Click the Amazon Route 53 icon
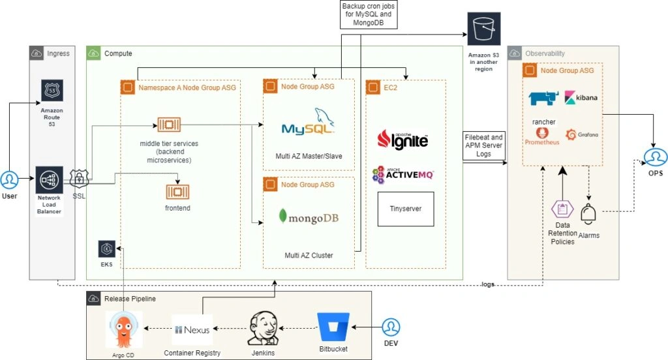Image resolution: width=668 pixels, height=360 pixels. pos(52,91)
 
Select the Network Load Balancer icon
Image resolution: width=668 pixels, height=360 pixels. pos(50,179)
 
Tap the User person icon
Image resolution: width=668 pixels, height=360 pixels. pos(9,180)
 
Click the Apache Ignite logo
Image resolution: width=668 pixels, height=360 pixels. pos(403,139)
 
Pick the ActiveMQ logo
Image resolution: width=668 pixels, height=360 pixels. pos(402,174)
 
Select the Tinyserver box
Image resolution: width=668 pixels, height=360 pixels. pos(406,209)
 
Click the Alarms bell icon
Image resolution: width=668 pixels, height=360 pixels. pos(589,214)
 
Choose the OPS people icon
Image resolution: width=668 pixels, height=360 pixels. pos(655,157)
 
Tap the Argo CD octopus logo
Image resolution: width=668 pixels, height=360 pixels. pos(123,329)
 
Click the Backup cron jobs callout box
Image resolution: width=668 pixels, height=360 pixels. pos(367,14)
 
